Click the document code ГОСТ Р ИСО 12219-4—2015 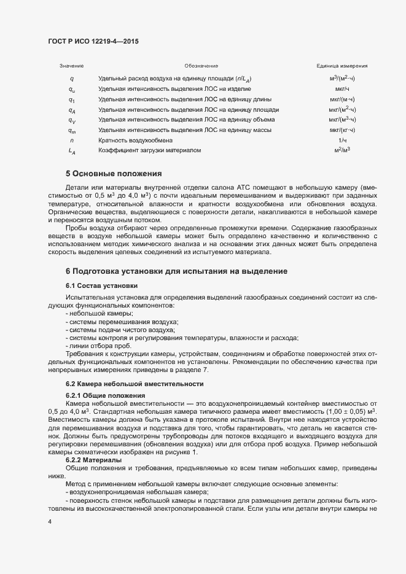(x=93, y=41)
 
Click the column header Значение (x=71, y=66)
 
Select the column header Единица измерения (x=342, y=66)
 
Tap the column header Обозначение (x=201, y=66)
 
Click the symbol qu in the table (x=72, y=89)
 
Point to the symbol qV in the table (x=72, y=120)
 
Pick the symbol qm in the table (x=72, y=130)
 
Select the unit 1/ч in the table (x=342, y=140)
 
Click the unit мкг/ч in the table (x=342, y=89)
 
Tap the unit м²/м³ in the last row (x=342, y=150)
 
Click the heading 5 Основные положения (x=114, y=174)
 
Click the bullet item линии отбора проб (x=91, y=346)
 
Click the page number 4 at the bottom (x=50, y=521)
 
